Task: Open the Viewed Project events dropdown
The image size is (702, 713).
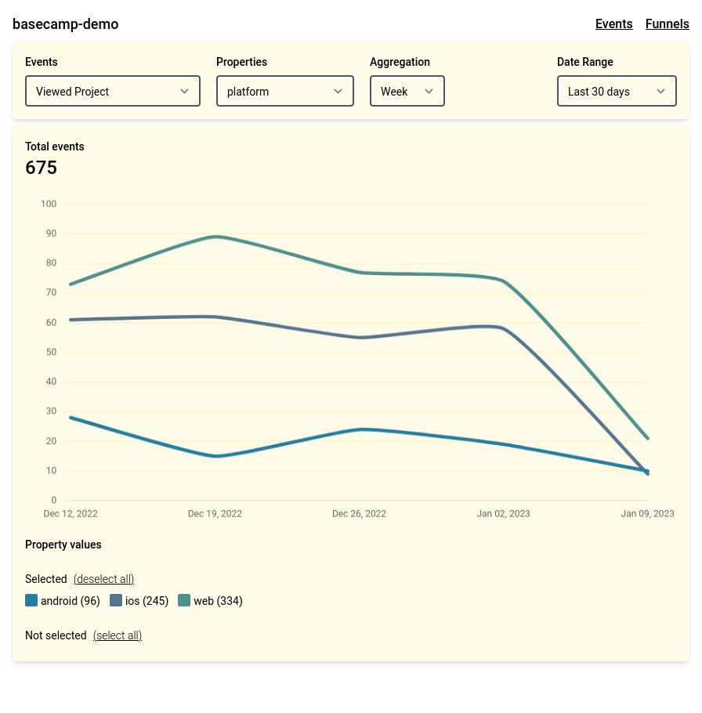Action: [x=113, y=91]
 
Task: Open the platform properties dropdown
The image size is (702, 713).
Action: [x=285, y=91]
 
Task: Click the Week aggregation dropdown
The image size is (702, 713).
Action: [x=407, y=91]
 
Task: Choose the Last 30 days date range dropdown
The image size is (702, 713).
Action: [x=617, y=91]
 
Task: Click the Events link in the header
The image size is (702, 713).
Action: [x=613, y=24]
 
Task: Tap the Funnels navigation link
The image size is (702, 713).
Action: [x=667, y=24]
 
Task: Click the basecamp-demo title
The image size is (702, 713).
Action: [x=66, y=24]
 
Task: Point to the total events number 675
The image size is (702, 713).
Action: [x=41, y=168]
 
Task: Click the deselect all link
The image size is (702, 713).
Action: [x=103, y=579]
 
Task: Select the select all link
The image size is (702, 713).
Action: [x=118, y=635]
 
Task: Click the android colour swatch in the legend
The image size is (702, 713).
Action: [x=31, y=600]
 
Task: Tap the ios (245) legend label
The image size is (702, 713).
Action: [x=147, y=601]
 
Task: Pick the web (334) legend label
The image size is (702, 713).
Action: [x=219, y=601]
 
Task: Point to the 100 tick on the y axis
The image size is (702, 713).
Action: [x=49, y=204]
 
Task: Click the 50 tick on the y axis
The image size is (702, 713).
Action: [x=51, y=352]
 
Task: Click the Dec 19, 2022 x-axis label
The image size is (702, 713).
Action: [x=215, y=513]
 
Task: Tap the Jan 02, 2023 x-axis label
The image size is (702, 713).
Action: [x=503, y=513]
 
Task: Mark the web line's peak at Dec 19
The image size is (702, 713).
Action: [x=215, y=237]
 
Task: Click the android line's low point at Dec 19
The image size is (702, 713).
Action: [x=216, y=456]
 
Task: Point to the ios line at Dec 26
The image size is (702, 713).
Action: [x=360, y=338]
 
